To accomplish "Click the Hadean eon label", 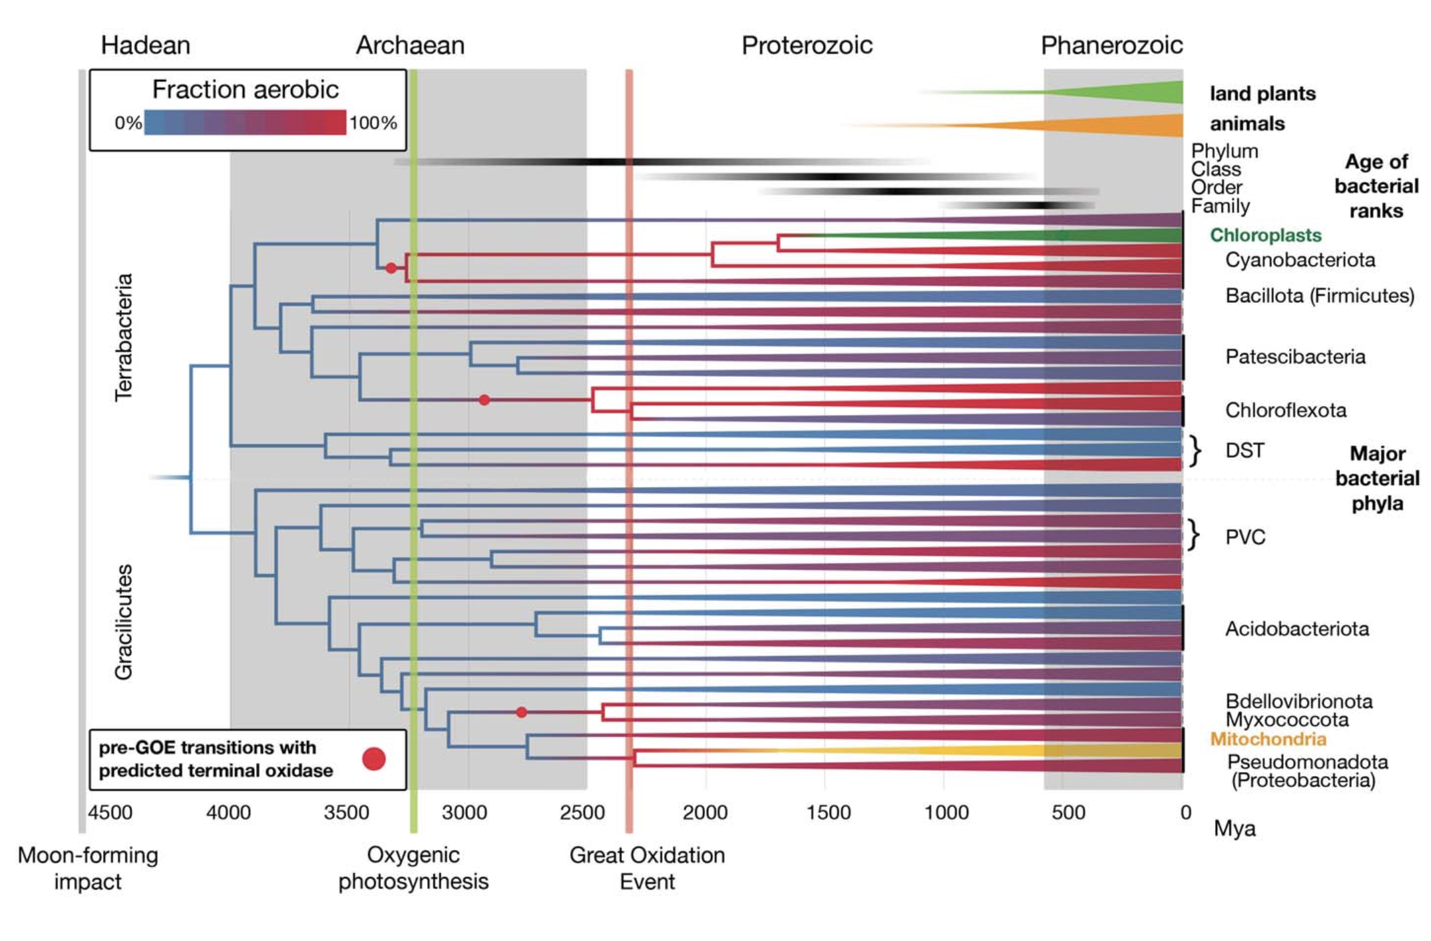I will pos(145,46).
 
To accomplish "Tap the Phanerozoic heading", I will pos(1112,46).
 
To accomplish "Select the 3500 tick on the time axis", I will pos(346,812).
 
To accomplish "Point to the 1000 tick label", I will pos(946,812).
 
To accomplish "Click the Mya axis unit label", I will pos(1234,829).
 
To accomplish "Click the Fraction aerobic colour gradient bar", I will pos(245,123).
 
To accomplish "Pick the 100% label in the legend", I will pos(373,123).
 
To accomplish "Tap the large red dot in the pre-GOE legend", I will pos(374,759).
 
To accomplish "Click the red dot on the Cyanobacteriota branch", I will pos(391,268).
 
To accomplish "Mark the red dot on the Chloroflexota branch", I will pos(484,400).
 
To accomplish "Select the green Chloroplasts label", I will pos(1265,236).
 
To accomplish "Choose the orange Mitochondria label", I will pos(1268,739).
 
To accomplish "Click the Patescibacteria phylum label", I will pos(1295,357).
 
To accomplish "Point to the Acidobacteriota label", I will pos(1297,629).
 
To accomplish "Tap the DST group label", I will pos(1245,451).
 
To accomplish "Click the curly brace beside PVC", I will pos(1193,535).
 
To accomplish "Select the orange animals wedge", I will pos(1122,125).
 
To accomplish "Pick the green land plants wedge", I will pos(1135,92).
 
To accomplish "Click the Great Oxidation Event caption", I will pos(647,868).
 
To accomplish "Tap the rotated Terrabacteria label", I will pos(123,337).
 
